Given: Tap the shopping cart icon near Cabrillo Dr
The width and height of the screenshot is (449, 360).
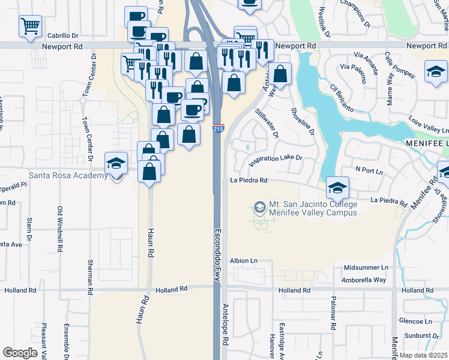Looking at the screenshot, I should pos(29,26).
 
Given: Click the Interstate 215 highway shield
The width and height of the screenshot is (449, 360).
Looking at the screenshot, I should pos(219,128).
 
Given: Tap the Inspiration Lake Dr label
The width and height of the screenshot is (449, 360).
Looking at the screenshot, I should pos(275,159).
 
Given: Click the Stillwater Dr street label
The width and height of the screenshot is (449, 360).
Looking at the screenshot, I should pos(267,123).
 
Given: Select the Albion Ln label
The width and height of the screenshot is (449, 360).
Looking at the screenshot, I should pos(244,261).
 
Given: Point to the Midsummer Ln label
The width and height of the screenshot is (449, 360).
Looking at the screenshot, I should pos(367,267).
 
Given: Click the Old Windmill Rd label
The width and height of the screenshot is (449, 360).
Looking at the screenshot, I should pos(60,229).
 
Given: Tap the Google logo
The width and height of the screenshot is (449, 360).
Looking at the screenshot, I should pos(20,353).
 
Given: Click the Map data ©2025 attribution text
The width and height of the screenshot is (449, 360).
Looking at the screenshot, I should pos(423,355).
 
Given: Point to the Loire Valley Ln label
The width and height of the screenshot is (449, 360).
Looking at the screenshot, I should pos(429,130).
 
